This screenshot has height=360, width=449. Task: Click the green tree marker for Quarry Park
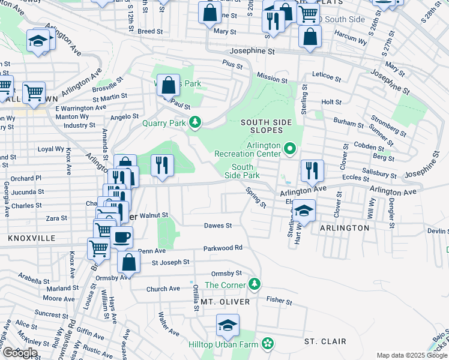coord(194,123)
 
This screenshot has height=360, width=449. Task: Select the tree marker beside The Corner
coord(255,283)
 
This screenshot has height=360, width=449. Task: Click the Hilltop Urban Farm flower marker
coord(268,344)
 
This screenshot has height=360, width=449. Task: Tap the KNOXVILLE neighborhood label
coord(31,238)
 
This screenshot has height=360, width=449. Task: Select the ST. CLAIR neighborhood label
coord(325,341)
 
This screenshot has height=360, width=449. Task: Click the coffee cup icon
coord(121,237)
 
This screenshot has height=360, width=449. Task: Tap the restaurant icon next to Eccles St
coord(311,170)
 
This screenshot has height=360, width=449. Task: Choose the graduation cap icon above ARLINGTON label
coord(304,211)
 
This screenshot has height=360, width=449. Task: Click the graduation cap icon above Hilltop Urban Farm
coord(228,325)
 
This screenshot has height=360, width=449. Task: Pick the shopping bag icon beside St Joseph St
coord(128,262)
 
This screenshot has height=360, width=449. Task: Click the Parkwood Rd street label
coord(222,247)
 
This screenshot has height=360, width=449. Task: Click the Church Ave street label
coord(163,289)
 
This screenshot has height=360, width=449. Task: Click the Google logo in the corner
coord(20,353)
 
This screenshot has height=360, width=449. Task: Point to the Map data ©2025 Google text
coord(412,355)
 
